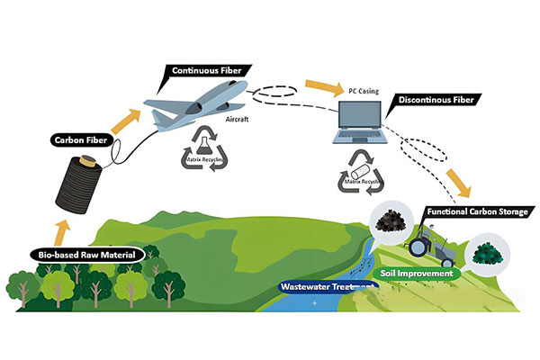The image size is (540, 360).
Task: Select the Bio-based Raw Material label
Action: coord(88,255)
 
